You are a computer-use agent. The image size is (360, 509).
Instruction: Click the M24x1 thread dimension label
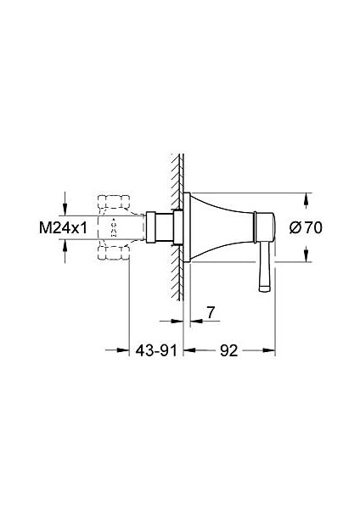tap(64, 227)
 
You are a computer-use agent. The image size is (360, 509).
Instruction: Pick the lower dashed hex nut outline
tap(114, 253)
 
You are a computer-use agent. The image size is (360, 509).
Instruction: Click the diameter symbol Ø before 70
tap(294, 227)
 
